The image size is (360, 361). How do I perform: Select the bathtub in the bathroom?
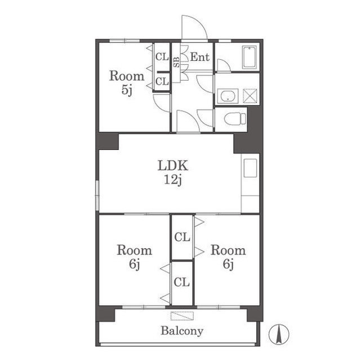pos(250,57)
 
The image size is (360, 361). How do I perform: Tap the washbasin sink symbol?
pos(228,96)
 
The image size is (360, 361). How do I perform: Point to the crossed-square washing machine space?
pos(250,96)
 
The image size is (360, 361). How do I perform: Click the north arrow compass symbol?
pos(279,333)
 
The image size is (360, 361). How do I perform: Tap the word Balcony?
pos(182,331)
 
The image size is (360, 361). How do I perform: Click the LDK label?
pos(173,165)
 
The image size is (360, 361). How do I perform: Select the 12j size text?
pos(173,180)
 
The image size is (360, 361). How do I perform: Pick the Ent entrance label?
pos(200,57)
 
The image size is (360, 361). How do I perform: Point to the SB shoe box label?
pos(176,61)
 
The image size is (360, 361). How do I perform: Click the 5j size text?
pos(127,90)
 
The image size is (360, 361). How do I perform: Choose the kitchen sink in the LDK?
pos(250,168)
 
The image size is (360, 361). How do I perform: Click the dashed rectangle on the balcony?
pos(182,316)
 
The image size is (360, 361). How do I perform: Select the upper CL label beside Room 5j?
pos(162,57)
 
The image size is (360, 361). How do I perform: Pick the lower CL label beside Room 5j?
pos(162,81)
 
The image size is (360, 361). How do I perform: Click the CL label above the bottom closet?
pos(182,237)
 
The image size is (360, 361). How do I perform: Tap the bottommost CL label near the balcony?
pos(181,282)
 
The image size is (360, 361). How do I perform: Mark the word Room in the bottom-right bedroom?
pos(228,250)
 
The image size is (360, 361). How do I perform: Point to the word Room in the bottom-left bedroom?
pos(135,250)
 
